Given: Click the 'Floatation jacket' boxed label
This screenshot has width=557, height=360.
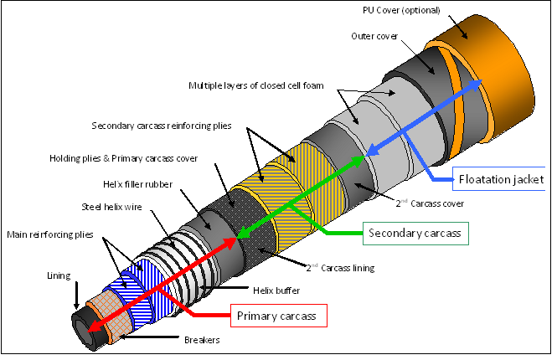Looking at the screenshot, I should (x=502, y=178).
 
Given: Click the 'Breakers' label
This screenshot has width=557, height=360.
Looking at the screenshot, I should (x=202, y=340).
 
